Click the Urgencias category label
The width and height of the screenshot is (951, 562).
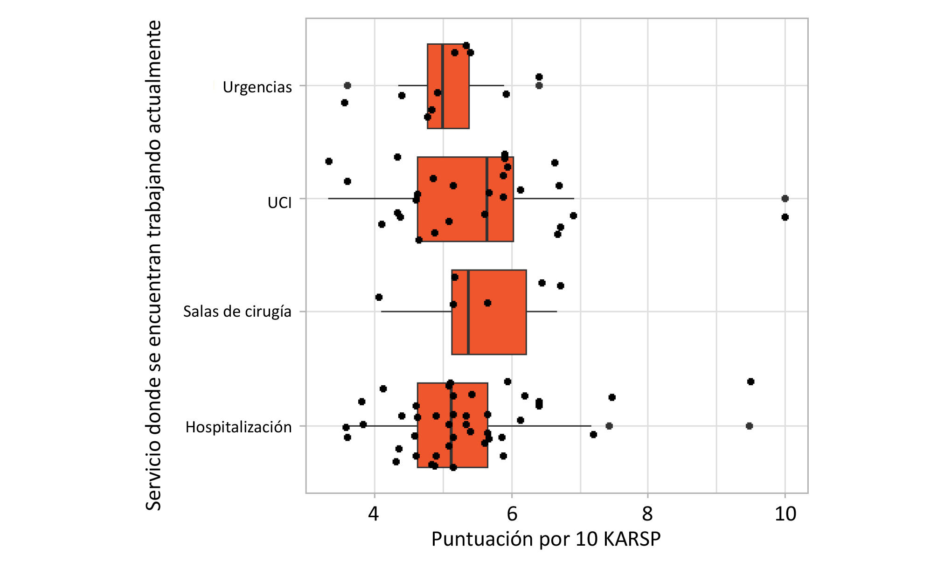pos(257,87)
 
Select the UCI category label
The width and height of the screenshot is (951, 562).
pos(279,202)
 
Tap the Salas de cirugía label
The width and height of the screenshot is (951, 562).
pos(237,311)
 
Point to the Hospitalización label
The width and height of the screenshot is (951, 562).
pos(238,427)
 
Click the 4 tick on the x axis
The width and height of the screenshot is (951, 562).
pos(374,514)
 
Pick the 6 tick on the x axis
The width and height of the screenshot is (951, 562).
pos(512,514)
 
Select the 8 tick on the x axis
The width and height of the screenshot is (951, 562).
pos(647,514)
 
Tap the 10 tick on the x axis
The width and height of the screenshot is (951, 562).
pos(785,514)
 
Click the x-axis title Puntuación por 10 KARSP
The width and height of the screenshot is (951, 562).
pos(546,539)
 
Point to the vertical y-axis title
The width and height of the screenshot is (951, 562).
pos(153,266)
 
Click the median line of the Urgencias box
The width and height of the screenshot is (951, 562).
pos(443,86)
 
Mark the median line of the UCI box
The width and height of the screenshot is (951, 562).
pos(487,199)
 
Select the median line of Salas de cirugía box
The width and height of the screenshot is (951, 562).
pos(468,312)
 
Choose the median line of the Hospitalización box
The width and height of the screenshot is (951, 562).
pos(451,425)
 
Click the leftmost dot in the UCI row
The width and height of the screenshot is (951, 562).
pos(329,161)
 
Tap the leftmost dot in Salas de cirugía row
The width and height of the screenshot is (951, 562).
pos(379,297)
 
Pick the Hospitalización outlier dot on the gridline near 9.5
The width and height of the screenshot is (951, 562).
pos(749,426)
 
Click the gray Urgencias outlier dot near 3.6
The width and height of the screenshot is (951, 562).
pos(347,85)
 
